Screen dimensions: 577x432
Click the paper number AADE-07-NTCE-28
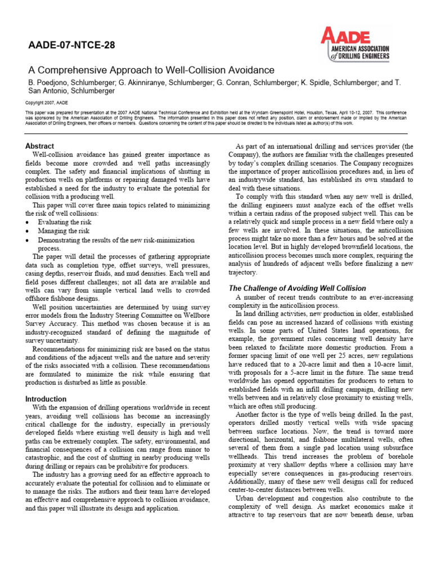[71, 46]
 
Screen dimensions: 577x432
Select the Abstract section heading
[40, 146]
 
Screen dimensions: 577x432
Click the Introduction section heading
[46, 399]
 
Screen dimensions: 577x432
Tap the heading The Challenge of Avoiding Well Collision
[297, 288]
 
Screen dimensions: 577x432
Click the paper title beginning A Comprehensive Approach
[151, 70]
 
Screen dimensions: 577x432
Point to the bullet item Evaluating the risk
[65, 223]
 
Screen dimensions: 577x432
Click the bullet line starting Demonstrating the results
[115, 239]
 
